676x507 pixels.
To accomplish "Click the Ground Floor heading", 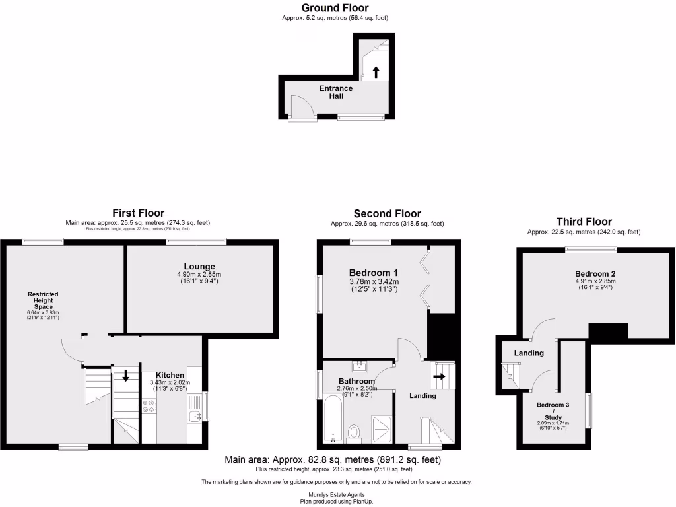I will pos(335,8).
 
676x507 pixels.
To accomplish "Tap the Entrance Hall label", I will pos(336,92).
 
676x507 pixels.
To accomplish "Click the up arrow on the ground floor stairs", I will pos(376,72).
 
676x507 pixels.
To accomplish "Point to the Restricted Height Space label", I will pos(43,300).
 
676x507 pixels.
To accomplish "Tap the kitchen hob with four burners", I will pos(149,405).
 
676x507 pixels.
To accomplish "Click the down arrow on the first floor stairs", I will pos(126,376).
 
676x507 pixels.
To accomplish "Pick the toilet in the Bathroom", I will pos(355,433).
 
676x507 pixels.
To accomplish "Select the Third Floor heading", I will pos(584,222).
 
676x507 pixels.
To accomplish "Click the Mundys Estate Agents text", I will pos(336,494).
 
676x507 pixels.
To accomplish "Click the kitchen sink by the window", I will pos(194,415).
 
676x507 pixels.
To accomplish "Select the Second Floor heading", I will pos(387,213).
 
